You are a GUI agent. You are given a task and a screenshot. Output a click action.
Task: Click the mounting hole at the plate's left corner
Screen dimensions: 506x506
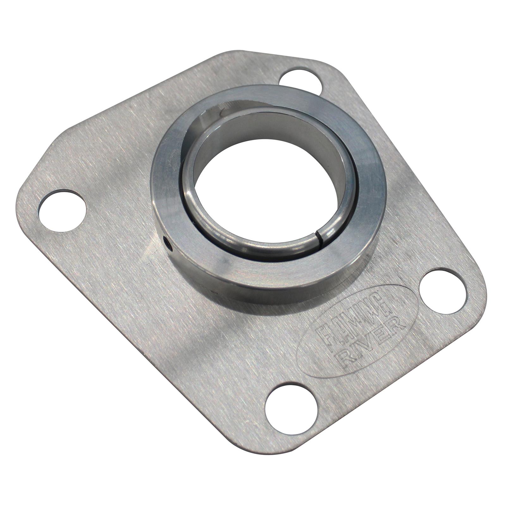point(62,210)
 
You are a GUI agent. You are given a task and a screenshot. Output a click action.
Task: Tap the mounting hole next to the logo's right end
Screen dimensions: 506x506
point(443,292)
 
